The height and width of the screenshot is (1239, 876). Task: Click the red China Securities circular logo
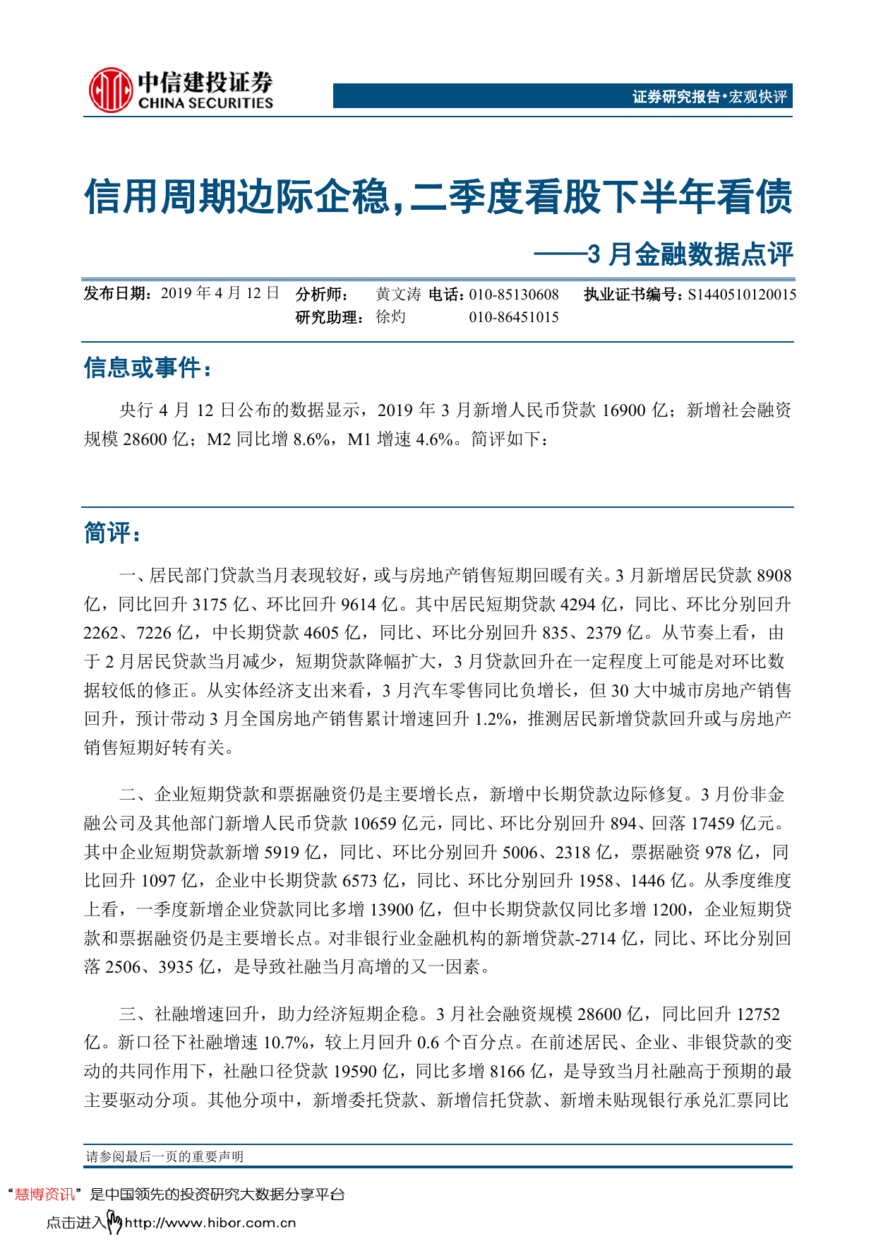pyautogui.click(x=110, y=90)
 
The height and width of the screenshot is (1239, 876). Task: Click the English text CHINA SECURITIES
pyautogui.click(x=205, y=103)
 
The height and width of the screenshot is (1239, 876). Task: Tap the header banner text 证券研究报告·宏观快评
pyautogui.click(x=709, y=97)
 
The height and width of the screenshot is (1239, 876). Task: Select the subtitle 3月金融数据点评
pyautogui.click(x=690, y=254)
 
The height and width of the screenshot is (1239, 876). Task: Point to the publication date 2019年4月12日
pyautogui.click(x=220, y=294)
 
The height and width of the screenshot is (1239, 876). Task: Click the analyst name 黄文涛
pyautogui.click(x=398, y=294)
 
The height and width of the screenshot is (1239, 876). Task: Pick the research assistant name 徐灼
pyautogui.click(x=390, y=317)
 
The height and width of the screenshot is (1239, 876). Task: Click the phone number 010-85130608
pyautogui.click(x=514, y=295)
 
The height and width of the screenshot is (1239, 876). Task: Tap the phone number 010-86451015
pyautogui.click(x=514, y=317)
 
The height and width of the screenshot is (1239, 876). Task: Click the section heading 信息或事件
pyautogui.click(x=146, y=368)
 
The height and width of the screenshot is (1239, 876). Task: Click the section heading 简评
pyautogui.click(x=111, y=533)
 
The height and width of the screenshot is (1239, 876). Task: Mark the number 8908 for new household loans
pyautogui.click(x=774, y=576)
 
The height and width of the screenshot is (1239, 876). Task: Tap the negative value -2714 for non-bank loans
pyautogui.click(x=596, y=938)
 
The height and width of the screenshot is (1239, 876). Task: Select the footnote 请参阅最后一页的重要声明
pyautogui.click(x=164, y=1156)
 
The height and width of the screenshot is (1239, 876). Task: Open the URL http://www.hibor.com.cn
pyautogui.click(x=210, y=1223)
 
